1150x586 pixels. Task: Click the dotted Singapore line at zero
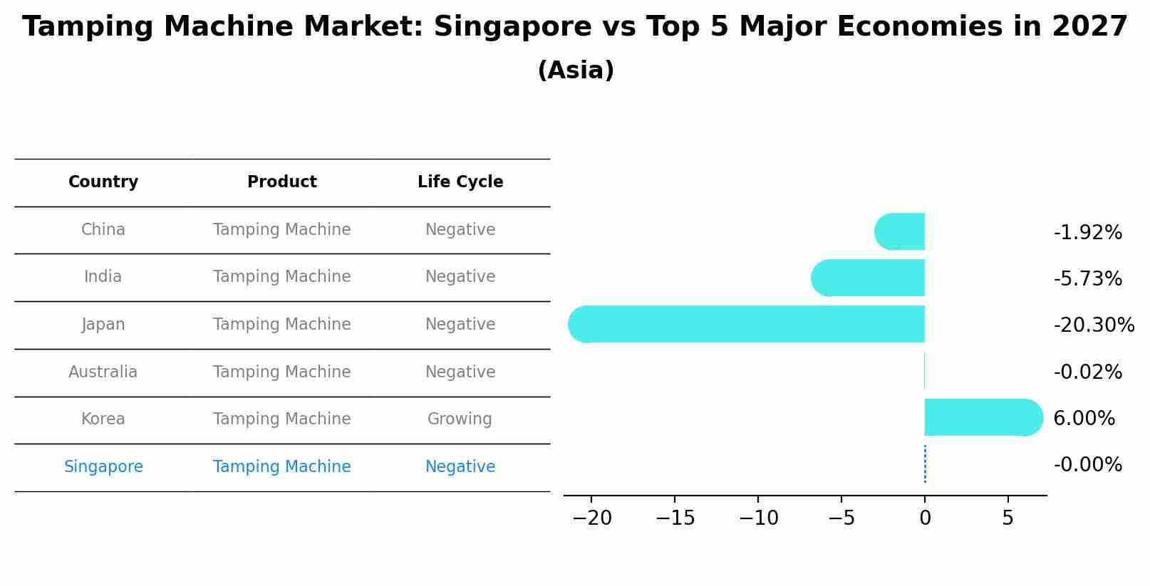point(925,464)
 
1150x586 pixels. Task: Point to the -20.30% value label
point(1093,325)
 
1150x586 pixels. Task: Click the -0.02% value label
point(1087,372)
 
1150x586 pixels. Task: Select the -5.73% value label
point(1087,278)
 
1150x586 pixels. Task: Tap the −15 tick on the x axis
point(675,518)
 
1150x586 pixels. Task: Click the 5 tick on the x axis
point(1007,518)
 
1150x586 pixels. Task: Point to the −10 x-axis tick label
point(758,518)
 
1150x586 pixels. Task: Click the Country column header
point(103,182)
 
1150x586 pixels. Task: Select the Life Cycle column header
point(460,182)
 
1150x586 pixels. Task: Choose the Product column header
point(282,182)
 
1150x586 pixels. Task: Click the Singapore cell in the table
point(103,467)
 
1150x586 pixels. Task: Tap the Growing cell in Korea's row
point(460,419)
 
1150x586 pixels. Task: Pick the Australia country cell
point(103,372)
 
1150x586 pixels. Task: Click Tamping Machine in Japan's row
point(282,325)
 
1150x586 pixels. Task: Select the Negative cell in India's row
point(460,277)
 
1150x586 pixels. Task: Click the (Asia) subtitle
point(576,70)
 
